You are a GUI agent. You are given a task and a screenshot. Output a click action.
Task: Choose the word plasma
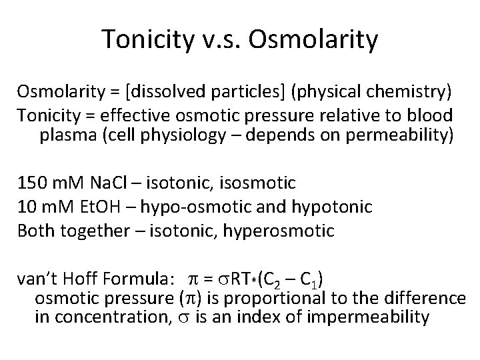63,136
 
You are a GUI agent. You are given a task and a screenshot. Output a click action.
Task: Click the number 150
31,181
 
